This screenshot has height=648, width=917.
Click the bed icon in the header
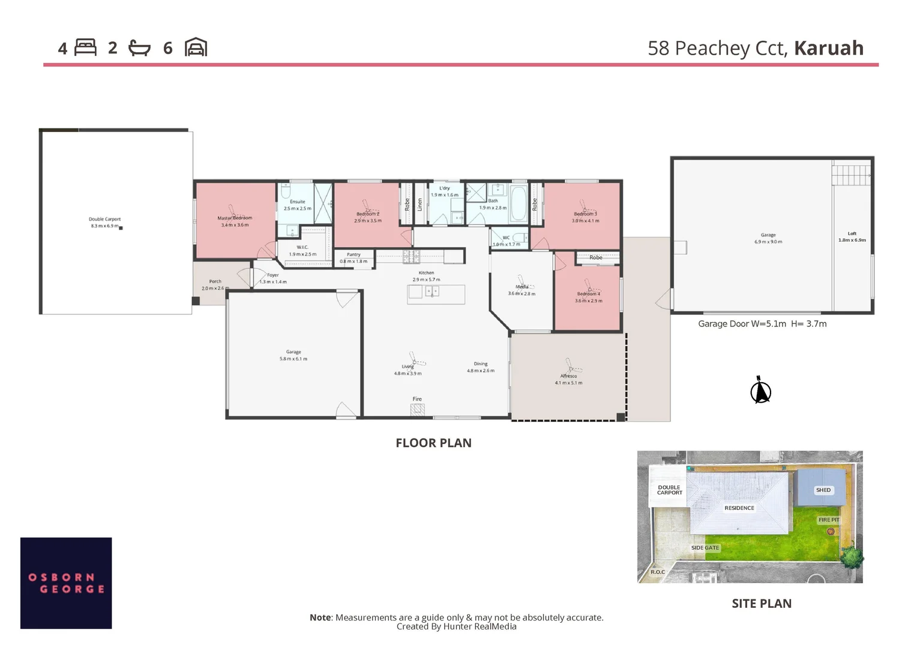85,47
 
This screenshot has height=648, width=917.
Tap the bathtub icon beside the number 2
139,48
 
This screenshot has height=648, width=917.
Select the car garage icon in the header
196,47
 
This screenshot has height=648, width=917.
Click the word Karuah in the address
828,48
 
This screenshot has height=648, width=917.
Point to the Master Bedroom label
235,218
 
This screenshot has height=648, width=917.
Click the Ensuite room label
298,202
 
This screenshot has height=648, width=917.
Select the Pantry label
353,255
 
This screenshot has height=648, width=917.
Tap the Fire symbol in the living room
417,410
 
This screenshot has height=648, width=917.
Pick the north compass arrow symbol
760,391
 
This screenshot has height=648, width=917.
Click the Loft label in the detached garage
852,234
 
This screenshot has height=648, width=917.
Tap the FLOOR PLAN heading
433,443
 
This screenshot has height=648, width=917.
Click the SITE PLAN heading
761,604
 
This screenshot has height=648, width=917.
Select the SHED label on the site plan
823,490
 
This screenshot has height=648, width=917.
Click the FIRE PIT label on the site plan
829,520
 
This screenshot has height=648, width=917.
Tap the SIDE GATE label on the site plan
705,548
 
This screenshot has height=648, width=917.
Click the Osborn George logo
66,583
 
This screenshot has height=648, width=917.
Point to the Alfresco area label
568,376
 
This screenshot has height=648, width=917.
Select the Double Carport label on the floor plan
105,220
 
